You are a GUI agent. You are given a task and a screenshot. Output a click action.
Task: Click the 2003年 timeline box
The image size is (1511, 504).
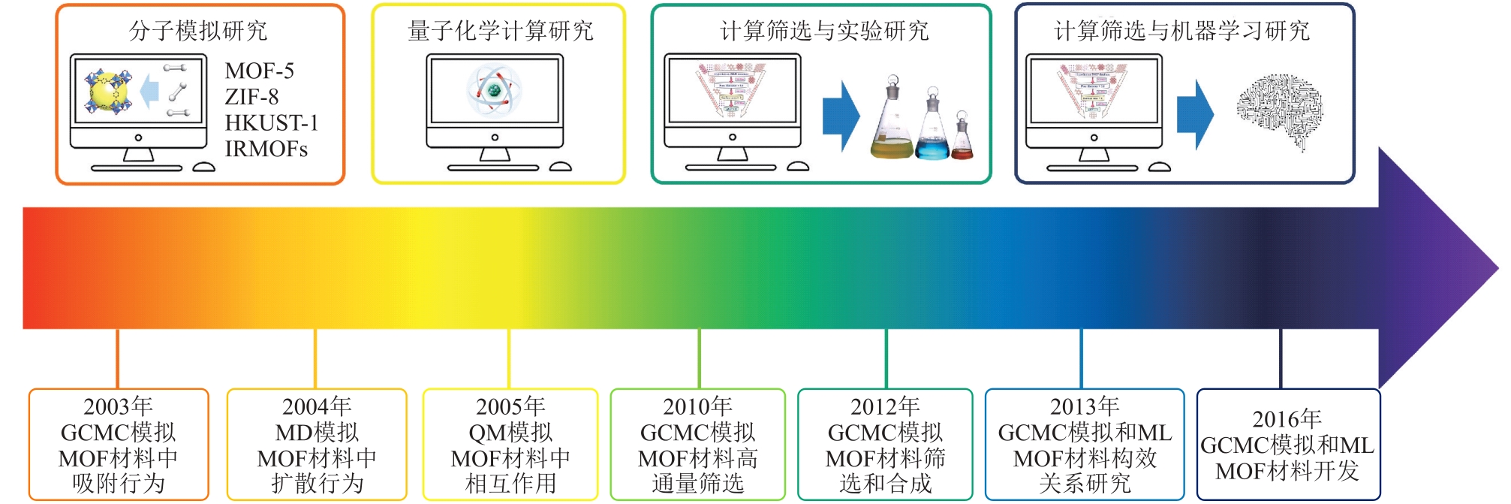click(x=119, y=444)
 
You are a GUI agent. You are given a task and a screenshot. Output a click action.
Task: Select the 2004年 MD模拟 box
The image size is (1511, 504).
click(x=316, y=444)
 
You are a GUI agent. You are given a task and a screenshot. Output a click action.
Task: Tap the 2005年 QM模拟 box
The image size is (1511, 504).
click(x=510, y=444)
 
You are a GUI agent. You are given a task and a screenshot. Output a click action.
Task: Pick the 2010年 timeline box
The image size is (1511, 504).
click(x=697, y=444)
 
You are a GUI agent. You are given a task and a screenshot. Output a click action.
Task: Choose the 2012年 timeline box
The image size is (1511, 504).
click(x=885, y=444)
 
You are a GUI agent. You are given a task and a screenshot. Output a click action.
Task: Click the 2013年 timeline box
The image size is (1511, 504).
click(x=1085, y=444)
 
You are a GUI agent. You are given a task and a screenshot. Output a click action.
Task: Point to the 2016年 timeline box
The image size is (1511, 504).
click(x=1287, y=444)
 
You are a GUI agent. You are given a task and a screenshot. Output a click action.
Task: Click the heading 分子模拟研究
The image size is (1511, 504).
click(x=198, y=31)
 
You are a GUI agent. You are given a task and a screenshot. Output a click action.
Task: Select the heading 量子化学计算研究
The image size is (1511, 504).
click(x=500, y=31)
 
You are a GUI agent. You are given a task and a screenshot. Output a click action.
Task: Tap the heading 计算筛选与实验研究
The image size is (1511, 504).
click(x=824, y=31)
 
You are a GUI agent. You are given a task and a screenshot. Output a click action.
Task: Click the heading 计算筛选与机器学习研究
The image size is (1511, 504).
click(x=1182, y=31)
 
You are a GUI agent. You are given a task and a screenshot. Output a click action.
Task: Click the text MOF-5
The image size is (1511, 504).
click(x=260, y=71)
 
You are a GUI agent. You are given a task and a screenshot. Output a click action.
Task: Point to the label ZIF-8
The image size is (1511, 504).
click(x=251, y=97)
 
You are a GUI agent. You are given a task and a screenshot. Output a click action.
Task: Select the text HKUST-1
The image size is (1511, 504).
click(x=272, y=122)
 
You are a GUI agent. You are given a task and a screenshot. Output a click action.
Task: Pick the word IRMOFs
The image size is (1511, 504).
click(x=266, y=149)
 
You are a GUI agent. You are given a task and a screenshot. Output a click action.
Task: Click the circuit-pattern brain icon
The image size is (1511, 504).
click(x=1279, y=111)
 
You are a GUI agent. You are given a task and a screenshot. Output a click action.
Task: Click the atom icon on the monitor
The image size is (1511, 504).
click(x=494, y=90)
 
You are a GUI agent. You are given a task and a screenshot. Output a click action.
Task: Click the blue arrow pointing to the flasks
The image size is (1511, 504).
click(x=841, y=116)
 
